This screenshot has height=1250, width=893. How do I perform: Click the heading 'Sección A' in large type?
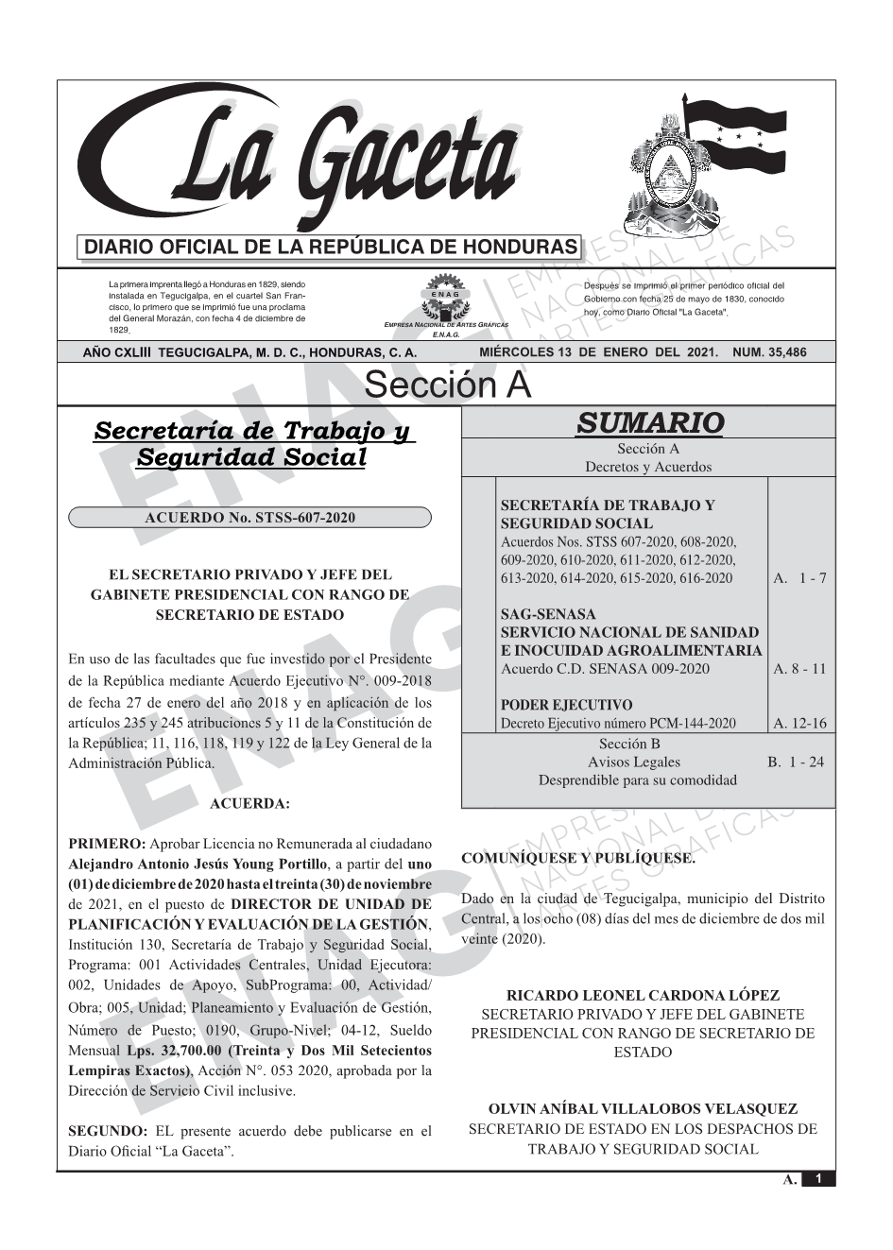(x=447, y=385)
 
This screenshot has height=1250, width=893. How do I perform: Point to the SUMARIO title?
(x=649, y=422)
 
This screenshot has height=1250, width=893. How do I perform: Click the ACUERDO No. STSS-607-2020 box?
(x=249, y=518)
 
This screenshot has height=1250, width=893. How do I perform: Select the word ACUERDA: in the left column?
(x=249, y=803)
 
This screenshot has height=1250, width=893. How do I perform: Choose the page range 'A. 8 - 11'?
(x=799, y=669)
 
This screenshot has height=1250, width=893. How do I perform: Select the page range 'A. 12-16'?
(x=799, y=724)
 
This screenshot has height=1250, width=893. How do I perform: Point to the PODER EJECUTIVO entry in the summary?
(x=566, y=705)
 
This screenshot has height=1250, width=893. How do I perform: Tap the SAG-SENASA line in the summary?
(x=548, y=614)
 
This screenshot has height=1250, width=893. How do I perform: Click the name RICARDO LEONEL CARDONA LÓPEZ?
(x=643, y=995)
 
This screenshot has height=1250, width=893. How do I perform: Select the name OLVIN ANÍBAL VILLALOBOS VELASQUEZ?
(x=643, y=1109)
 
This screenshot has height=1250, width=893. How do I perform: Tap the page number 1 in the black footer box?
(x=818, y=1179)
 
